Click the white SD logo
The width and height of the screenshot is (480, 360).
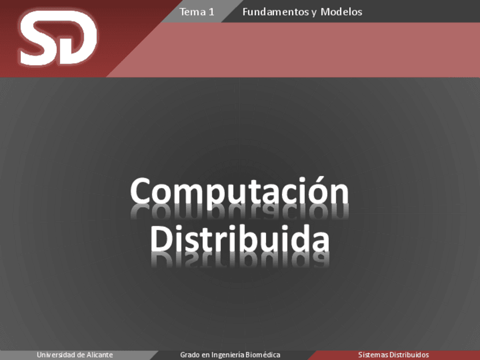(x=58, y=38)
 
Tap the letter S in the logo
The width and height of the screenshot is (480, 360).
(x=38, y=38)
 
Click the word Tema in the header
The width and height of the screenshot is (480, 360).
(x=192, y=12)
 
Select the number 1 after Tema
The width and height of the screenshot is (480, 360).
(x=211, y=12)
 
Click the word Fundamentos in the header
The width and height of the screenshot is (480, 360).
(x=276, y=12)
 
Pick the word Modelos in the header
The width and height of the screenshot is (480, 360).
(x=341, y=12)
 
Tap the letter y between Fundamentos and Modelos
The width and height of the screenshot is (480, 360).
(x=314, y=13)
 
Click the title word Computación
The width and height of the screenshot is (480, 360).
(x=239, y=192)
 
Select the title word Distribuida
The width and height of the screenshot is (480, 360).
(x=239, y=239)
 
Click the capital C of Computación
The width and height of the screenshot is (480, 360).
(x=140, y=191)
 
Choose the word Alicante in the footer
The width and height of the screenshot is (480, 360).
(x=100, y=355)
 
